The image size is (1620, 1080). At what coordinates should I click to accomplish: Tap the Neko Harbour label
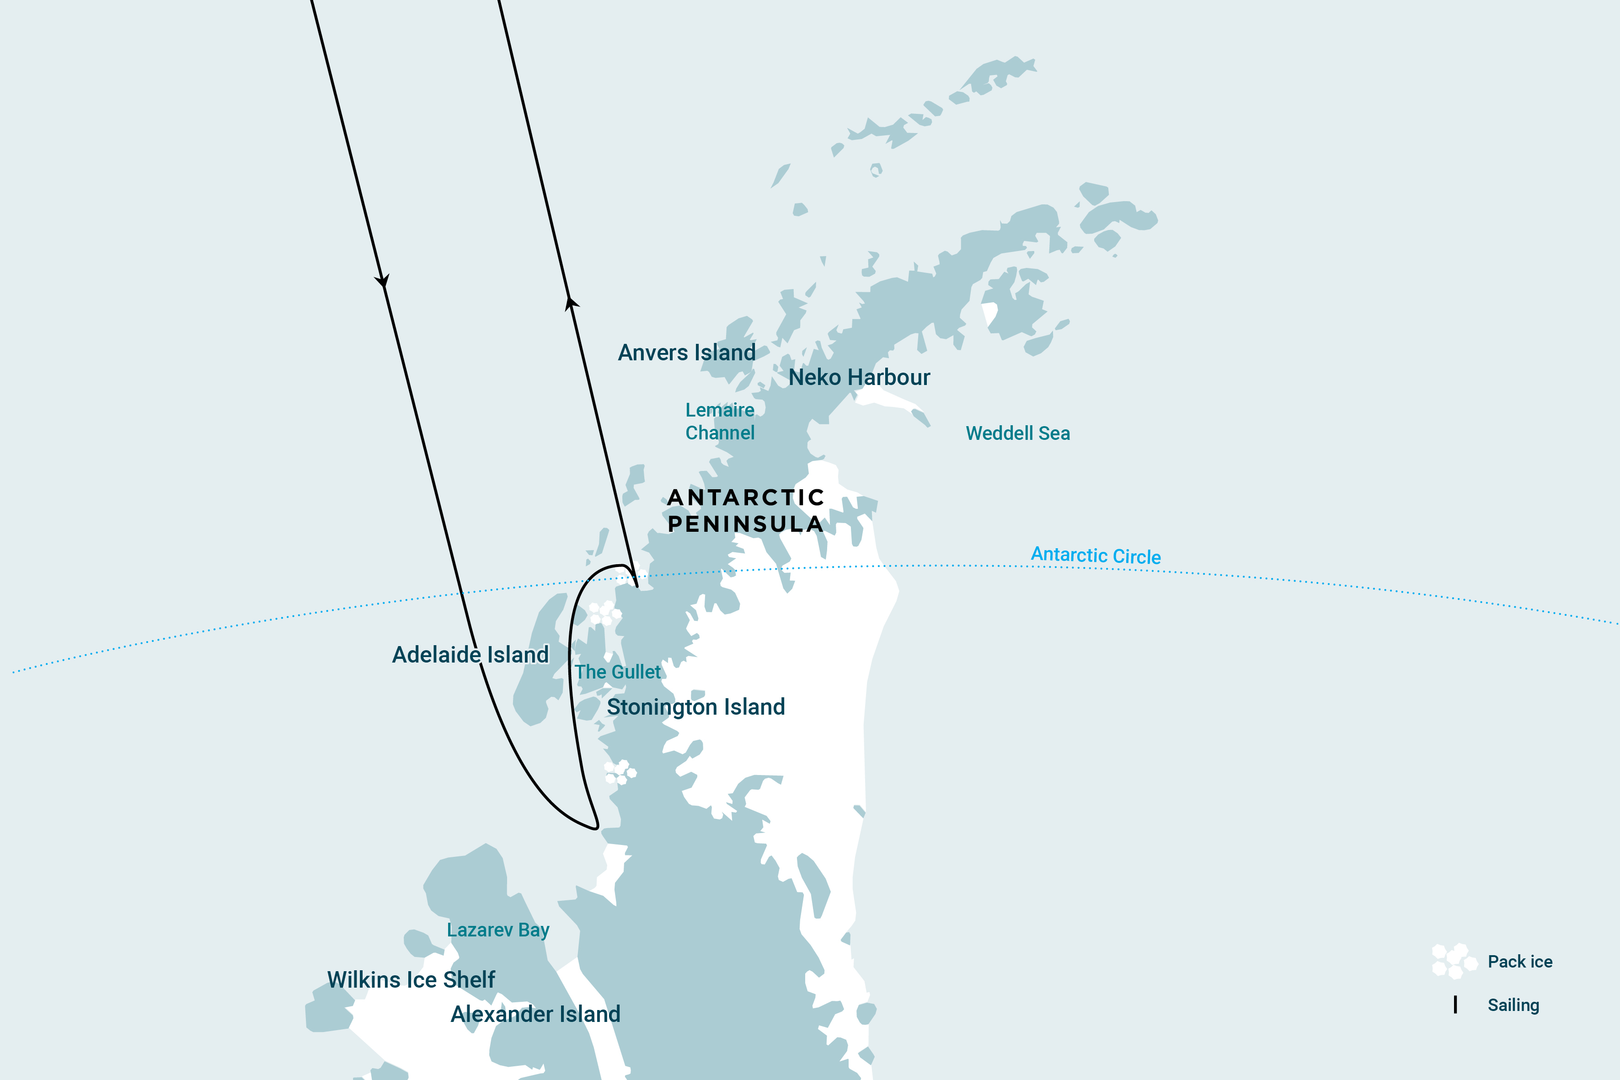pos(859,377)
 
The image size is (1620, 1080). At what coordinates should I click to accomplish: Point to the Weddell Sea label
pos(1017,433)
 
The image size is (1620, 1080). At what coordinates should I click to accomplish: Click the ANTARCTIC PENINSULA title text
pos(745,510)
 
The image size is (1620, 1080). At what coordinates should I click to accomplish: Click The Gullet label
pos(617,672)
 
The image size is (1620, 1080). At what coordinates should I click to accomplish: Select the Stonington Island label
pos(695,707)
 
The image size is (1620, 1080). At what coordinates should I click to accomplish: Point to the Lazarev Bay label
pos(498,930)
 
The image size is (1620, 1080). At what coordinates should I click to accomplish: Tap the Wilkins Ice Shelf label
pos(411,979)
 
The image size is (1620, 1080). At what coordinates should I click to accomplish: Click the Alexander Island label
pos(535,1014)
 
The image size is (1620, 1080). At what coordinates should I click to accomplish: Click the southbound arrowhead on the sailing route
pos(382,281)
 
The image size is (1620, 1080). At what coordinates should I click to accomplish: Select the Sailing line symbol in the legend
pos(1455,1005)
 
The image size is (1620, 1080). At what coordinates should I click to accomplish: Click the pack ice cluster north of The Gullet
pos(604,612)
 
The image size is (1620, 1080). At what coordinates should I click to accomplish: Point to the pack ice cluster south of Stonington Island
pos(620,772)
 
